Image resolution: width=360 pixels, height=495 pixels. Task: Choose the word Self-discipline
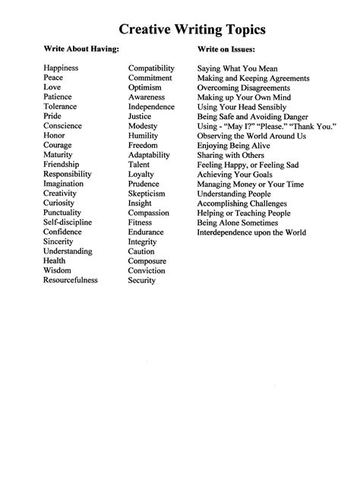point(68,222)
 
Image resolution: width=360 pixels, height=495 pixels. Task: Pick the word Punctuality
point(65,213)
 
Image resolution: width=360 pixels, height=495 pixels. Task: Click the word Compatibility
point(153,68)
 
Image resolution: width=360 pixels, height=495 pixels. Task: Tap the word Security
point(142,280)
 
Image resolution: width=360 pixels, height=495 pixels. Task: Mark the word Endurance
point(147,232)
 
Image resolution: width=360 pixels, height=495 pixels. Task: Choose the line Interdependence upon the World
point(251,232)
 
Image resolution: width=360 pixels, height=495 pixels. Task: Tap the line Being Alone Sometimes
point(236,222)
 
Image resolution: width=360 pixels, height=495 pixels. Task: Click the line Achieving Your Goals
point(234,174)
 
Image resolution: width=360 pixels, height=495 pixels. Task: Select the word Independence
point(152,107)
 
